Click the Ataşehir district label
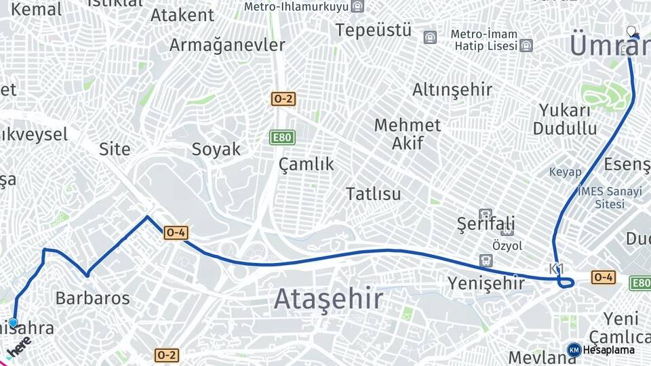pyautogui.click(x=329, y=299)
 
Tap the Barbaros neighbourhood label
pyautogui.click(x=92, y=298)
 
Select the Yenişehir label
pyautogui.click(x=486, y=283)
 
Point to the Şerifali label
pyautogui.click(x=486, y=224)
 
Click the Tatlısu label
pyautogui.click(x=373, y=194)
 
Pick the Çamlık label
pyautogui.click(x=307, y=164)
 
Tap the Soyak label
pyautogui.click(x=216, y=149)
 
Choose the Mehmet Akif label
pyautogui.click(x=408, y=134)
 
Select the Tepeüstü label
pyautogui.click(x=374, y=30)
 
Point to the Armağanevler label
pyautogui.click(x=227, y=45)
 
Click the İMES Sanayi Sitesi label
pyautogui.click(x=610, y=197)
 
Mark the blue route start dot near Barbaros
pyautogui.click(x=13, y=323)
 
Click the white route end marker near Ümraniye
pyautogui.click(x=632, y=30)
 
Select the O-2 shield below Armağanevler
pyautogui.click(x=283, y=99)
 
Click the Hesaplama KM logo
pyautogui.click(x=601, y=350)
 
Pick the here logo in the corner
pyautogui.click(x=19, y=347)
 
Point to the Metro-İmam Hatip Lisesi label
pyautogui.click(x=484, y=40)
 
